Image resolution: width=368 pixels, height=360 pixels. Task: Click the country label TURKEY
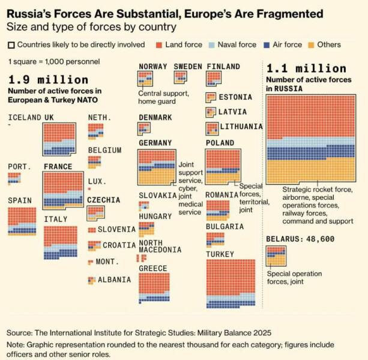[220, 254]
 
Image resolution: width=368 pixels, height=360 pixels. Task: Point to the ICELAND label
[24, 118]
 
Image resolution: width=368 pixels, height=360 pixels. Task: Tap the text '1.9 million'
[48, 79]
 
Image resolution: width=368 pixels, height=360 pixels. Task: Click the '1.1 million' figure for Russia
[298, 68]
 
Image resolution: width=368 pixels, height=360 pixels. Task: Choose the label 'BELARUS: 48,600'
[300, 239]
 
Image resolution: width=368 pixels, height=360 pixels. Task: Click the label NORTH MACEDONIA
[160, 246]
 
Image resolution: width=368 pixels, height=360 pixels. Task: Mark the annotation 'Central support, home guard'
[163, 97]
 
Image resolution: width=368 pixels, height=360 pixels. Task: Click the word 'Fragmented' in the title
[283, 13]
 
